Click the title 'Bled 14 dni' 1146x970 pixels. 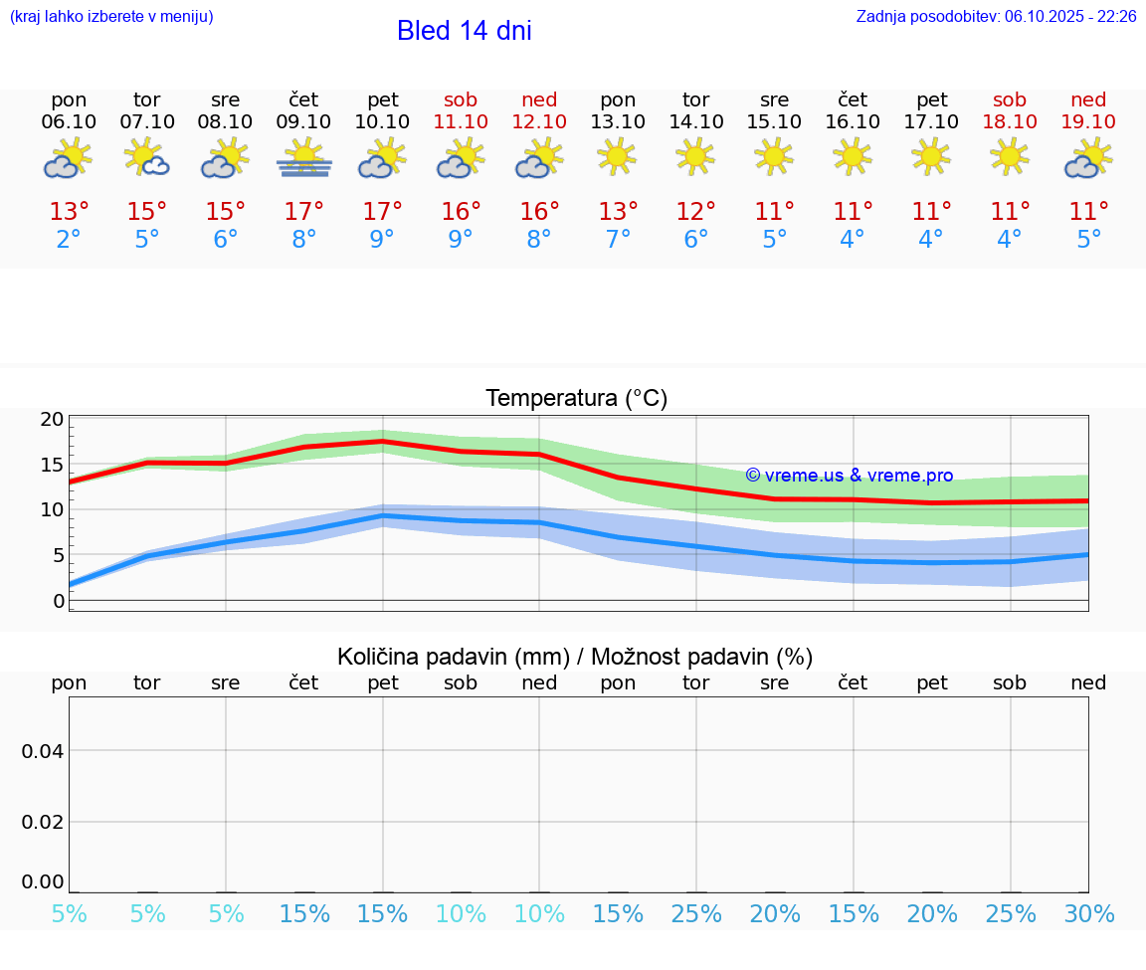(464, 31)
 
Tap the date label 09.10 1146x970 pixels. (303, 122)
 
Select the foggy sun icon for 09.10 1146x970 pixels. (304, 159)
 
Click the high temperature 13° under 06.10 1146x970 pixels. (69, 212)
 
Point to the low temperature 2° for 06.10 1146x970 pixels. (69, 240)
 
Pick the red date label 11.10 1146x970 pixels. (461, 122)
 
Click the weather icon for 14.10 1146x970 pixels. (695, 156)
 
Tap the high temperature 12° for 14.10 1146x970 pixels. (695, 212)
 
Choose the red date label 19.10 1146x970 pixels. (1088, 122)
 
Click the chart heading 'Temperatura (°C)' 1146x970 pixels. (576, 399)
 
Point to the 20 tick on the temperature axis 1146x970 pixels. (52, 420)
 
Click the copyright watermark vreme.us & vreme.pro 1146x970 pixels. (849, 476)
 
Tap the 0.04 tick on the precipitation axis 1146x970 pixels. (43, 751)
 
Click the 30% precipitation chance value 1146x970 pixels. (1088, 914)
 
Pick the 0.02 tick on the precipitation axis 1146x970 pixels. (43, 822)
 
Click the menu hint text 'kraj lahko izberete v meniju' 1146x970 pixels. (111, 17)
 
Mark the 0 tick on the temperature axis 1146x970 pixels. (59, 601)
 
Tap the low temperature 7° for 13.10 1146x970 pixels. (618, 240)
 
